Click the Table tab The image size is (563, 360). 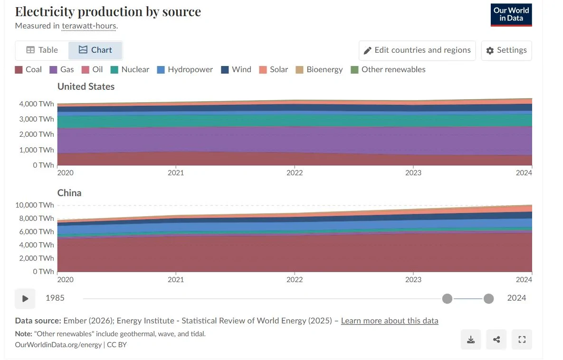42,50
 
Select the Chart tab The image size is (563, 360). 95,50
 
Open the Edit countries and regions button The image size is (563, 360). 417,50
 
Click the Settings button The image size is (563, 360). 506,50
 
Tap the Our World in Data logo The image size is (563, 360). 511,15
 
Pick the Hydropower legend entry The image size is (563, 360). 185,70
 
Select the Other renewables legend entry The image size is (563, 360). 388,70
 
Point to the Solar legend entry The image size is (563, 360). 273,70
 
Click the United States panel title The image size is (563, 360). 86,86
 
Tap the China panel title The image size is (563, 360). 69,193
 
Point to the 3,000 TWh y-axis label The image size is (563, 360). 37,119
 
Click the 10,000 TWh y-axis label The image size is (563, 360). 35,205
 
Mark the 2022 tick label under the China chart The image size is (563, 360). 295,280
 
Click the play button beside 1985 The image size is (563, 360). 25,299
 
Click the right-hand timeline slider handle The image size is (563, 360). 488,299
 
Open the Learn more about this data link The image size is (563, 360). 390,321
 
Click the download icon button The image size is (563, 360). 471,340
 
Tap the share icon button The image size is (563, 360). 496,340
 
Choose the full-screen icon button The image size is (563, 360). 522,340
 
